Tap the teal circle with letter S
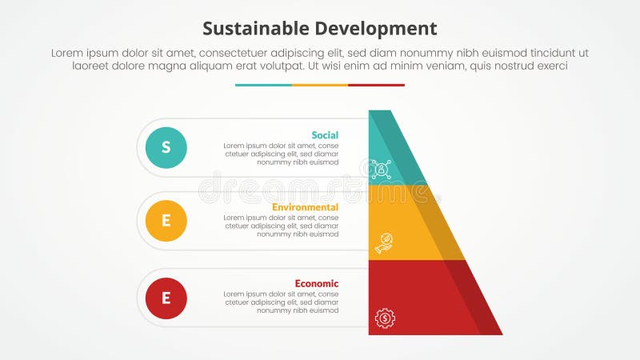click(166, 147)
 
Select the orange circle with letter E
click(166, 221)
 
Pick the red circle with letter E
click(166, 298)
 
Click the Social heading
click(325, 134)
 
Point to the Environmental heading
click(305, 207)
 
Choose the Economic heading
click(316, 283)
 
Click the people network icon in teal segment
click(382, 169)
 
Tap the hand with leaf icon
click(384, 242)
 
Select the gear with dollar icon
click(385, 318)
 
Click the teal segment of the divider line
click(263, 85)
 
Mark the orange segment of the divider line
click(320, 85)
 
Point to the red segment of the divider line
click(376, 85)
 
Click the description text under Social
click(281, 154)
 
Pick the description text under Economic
click(281, 302)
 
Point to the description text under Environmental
click(281, 226)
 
